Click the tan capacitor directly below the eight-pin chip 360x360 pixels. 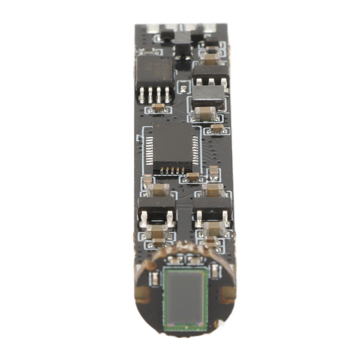(x=158, y=108)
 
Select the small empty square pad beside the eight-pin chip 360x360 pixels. (x=183, y=86)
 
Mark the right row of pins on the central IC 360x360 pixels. (x=196, y=151)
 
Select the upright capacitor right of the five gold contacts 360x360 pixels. (x=214, y=171)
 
